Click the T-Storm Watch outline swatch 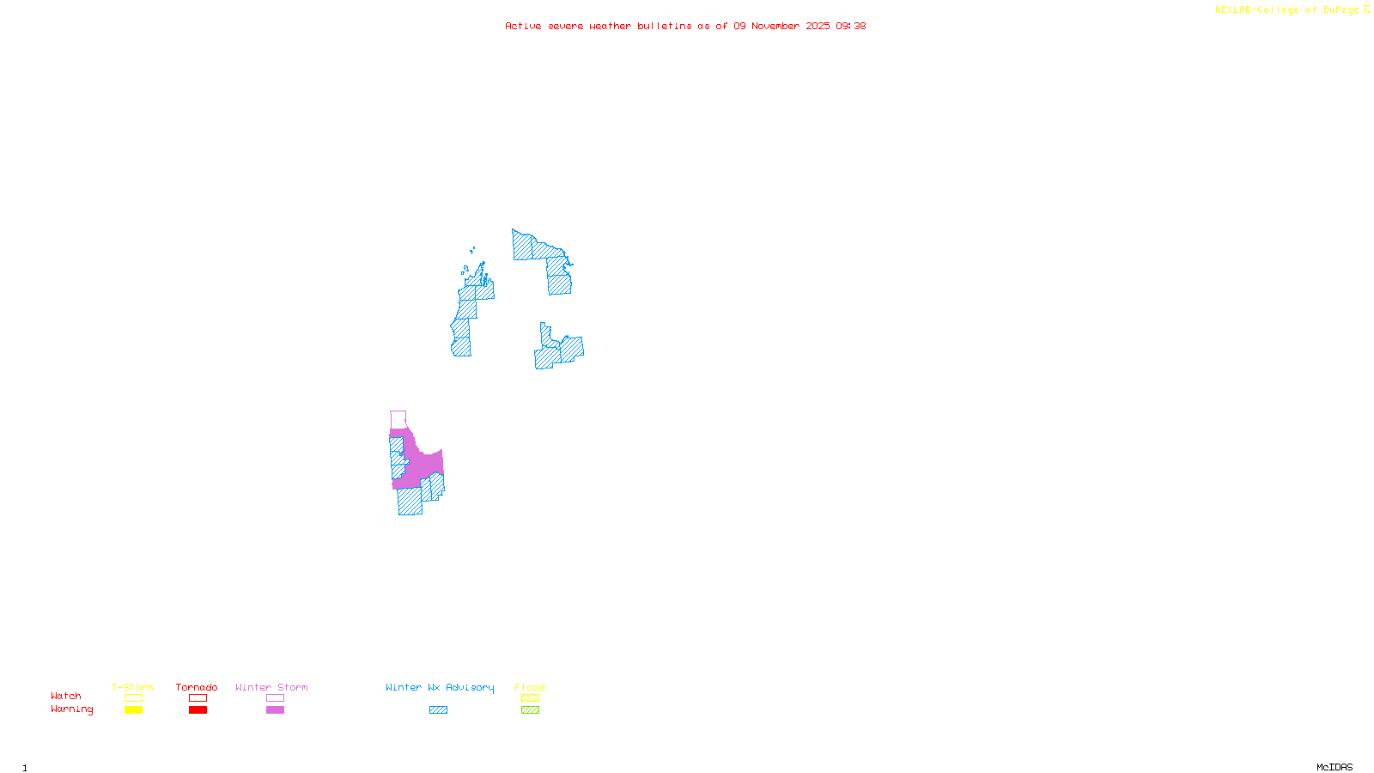(133, 698)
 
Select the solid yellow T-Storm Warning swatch (133, 710)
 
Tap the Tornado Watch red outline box (198, 698)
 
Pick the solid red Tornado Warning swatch (198, 710)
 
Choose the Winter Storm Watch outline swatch (275, 698)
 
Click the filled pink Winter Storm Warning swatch (275, 710)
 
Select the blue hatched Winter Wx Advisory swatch (438, 710)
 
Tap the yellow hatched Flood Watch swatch (530, 698)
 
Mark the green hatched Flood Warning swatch (530, 710)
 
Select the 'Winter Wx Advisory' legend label (440, 687)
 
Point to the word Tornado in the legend (197, 687)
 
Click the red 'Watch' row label (66, 697)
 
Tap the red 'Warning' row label (71, 709)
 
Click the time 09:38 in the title (850, 26)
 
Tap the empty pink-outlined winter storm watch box (398, 419)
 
